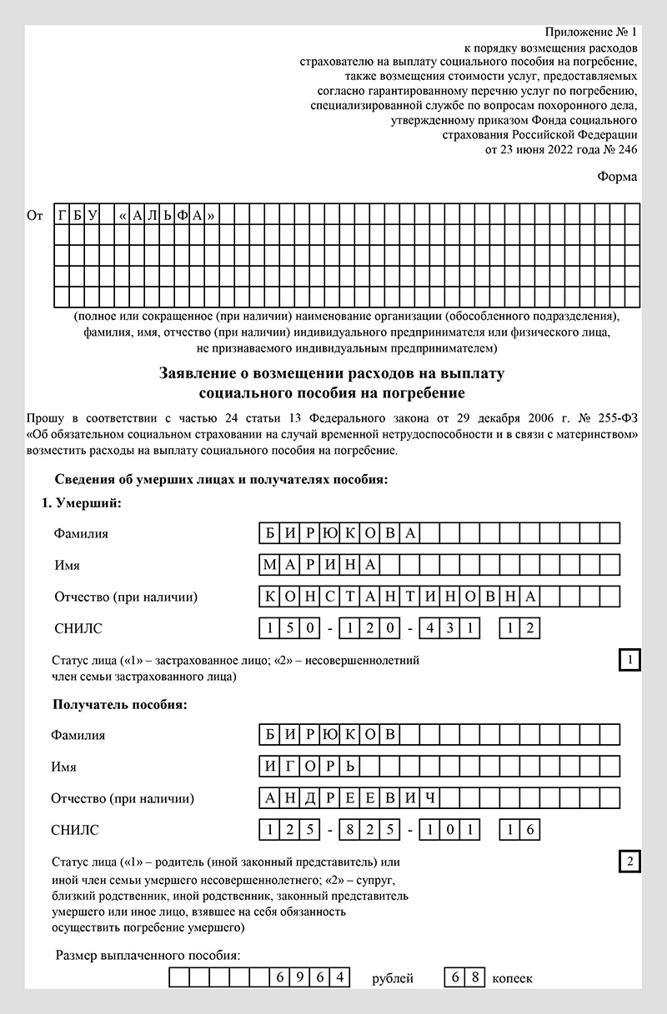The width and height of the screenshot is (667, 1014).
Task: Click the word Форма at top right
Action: (x=617, y=177)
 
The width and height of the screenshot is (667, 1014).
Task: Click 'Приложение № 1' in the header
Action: (x=590, y=32)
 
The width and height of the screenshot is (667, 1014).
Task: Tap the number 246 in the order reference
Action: (x=625, y=150)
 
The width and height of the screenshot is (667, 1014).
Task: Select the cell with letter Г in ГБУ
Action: (x=63, y=216)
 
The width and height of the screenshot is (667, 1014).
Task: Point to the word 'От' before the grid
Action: (x=35, y=216)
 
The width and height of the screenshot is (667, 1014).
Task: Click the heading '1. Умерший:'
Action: (x=82, y=504)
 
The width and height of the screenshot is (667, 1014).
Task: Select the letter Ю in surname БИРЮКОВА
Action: (x=329, y=533)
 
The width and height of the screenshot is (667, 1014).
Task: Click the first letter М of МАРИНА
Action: (x=268, y=565)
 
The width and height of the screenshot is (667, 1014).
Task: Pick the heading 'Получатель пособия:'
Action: (x=119, y=705)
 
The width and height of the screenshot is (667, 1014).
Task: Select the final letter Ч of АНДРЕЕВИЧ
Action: (x=429, y=798)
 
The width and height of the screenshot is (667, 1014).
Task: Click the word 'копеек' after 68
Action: (x=512, y=978)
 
